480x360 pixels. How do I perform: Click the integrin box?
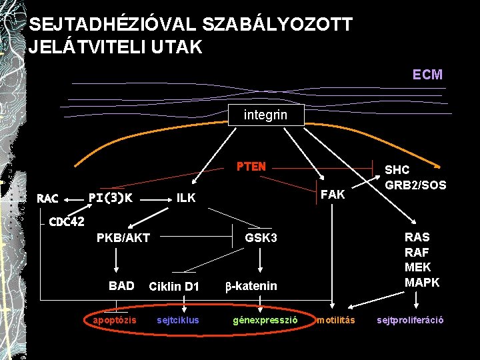[266, 115]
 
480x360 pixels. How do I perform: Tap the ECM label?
[427, 75]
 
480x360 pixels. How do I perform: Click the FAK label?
[333, 194]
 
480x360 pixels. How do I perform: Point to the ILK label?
[186, 197]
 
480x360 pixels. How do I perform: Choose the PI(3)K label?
[111, 197]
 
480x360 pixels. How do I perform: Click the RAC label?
[47, 198]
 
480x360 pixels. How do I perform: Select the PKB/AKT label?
[123, 238]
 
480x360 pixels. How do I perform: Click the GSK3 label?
[261, 238]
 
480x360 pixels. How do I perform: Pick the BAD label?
[121, 286]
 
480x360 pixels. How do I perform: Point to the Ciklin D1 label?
[174, 287]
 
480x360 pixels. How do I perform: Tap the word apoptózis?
[115, 321]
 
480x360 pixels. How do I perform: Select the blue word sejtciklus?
[177, 321]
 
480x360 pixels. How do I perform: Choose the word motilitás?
[335, 321]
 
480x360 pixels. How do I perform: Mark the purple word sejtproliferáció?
[410, 321]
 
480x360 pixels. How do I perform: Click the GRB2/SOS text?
[416, 185]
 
